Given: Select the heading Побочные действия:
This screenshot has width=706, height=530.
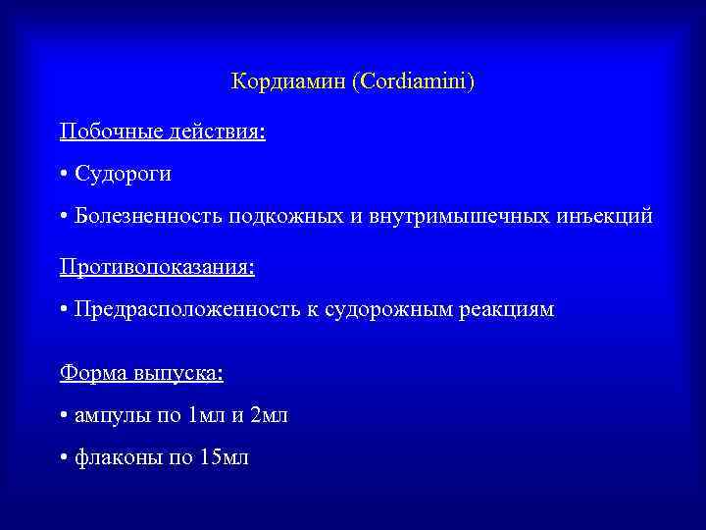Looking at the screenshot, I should tap(162, 131).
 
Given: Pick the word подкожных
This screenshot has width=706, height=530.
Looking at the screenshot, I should tap(285, 217).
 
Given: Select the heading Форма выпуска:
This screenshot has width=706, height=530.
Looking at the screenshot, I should tap(141, 372).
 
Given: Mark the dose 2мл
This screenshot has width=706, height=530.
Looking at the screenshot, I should tap(269, 415).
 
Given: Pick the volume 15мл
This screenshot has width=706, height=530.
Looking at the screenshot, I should tap(224, 458).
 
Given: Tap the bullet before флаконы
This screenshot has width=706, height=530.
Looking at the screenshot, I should tap(63, 459).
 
